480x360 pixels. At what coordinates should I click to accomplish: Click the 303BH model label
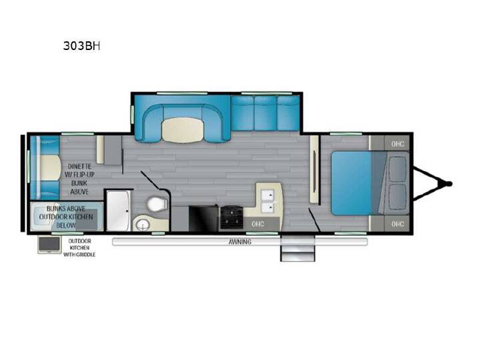point(81,46)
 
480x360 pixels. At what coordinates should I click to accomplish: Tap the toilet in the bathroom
point(157,204)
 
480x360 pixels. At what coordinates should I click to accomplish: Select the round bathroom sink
point(143,225)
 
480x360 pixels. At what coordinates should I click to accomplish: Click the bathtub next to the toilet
point(119,211)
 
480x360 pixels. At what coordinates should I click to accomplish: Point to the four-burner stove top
point(232,217)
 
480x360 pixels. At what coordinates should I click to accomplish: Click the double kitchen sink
point(267,201)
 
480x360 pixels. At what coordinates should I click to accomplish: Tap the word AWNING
point(240,242)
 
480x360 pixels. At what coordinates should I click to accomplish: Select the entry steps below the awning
point(297,248)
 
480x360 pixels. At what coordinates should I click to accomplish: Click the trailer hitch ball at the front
point(449,184)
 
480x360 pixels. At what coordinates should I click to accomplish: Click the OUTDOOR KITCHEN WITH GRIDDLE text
point(79,247)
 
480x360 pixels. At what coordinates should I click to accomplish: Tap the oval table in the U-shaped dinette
point(183,130)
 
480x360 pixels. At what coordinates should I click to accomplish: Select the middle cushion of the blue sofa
point(265,113)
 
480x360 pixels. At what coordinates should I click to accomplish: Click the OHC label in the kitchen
point(258,224)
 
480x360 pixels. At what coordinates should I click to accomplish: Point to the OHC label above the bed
point(397,143)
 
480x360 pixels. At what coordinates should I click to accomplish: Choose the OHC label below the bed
point(397,224)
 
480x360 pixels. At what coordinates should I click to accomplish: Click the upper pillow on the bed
point(397,169)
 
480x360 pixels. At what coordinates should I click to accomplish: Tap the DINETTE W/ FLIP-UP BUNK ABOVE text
point(79,179)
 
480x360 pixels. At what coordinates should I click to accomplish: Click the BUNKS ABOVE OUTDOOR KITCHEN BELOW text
point(66,217)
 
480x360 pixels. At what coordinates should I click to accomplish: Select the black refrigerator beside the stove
point(204,219)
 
